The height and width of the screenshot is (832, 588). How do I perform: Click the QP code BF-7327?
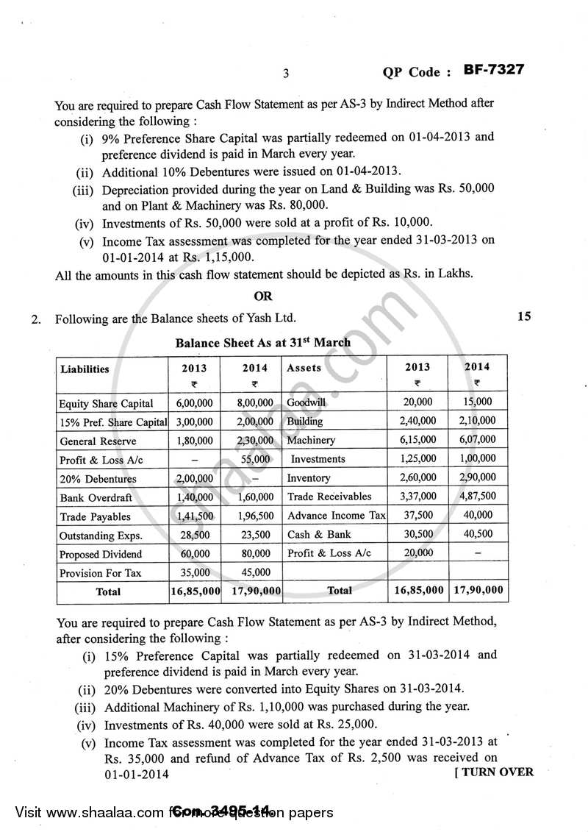(x=493, y=71)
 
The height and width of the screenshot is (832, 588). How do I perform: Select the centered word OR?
(x=262, y=296)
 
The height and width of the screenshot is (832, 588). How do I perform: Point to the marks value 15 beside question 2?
(x=523, y=317)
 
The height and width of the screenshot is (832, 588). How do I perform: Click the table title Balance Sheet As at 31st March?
(x=262, y=342)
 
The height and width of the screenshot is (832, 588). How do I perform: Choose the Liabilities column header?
(x=85, y=369)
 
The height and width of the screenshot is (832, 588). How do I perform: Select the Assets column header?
(x=304, y=368)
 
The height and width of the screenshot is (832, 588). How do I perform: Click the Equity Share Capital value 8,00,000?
(x=254, y=402)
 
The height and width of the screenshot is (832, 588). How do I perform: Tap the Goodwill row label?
(x=306, y=402)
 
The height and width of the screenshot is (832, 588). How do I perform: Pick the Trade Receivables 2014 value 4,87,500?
(x=477, y=497)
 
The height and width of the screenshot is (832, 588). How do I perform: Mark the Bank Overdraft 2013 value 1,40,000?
(x=195, y=497)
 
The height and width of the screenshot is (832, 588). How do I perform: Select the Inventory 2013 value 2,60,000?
(x=417, y=477)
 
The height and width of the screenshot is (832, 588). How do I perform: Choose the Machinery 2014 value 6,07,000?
(x=477, y=440)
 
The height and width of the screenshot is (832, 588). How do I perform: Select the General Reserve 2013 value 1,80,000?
(x=195, y=441)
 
